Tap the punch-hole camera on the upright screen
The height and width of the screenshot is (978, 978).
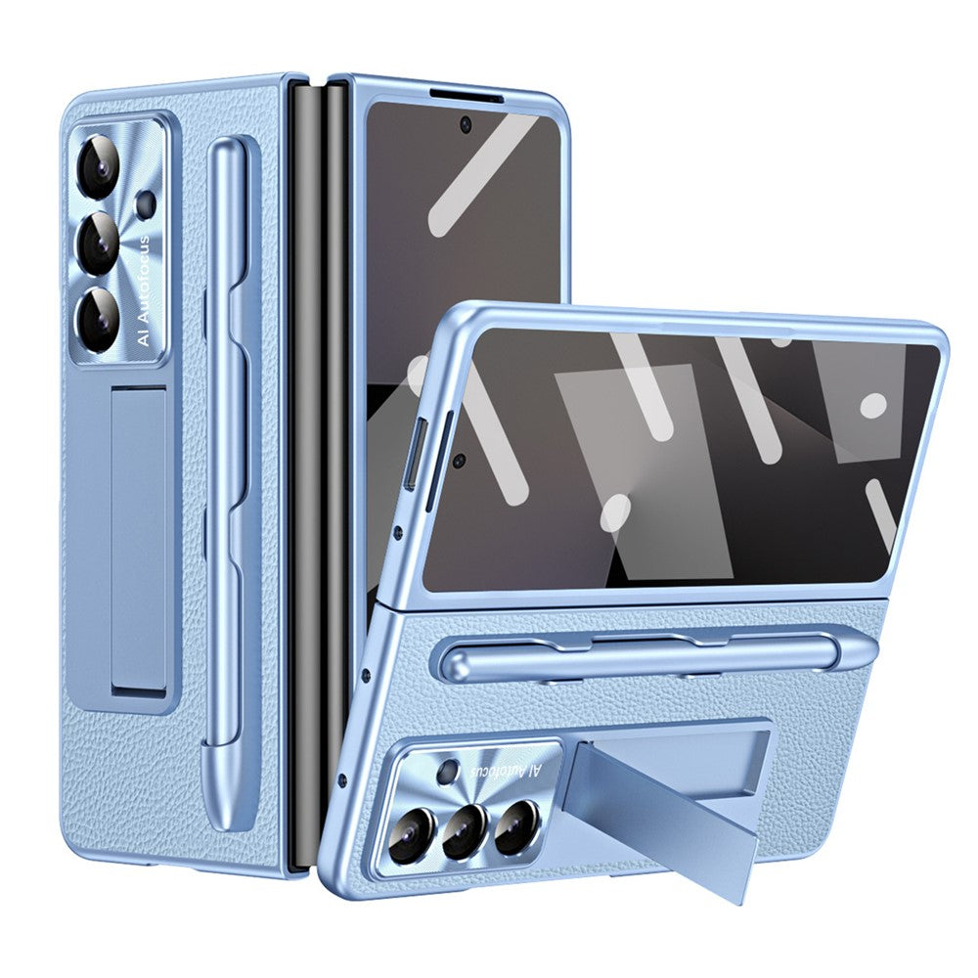click(466, 124)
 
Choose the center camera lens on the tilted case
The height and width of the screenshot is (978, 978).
click(463, 831)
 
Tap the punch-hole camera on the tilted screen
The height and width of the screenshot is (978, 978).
click(459, 458)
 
